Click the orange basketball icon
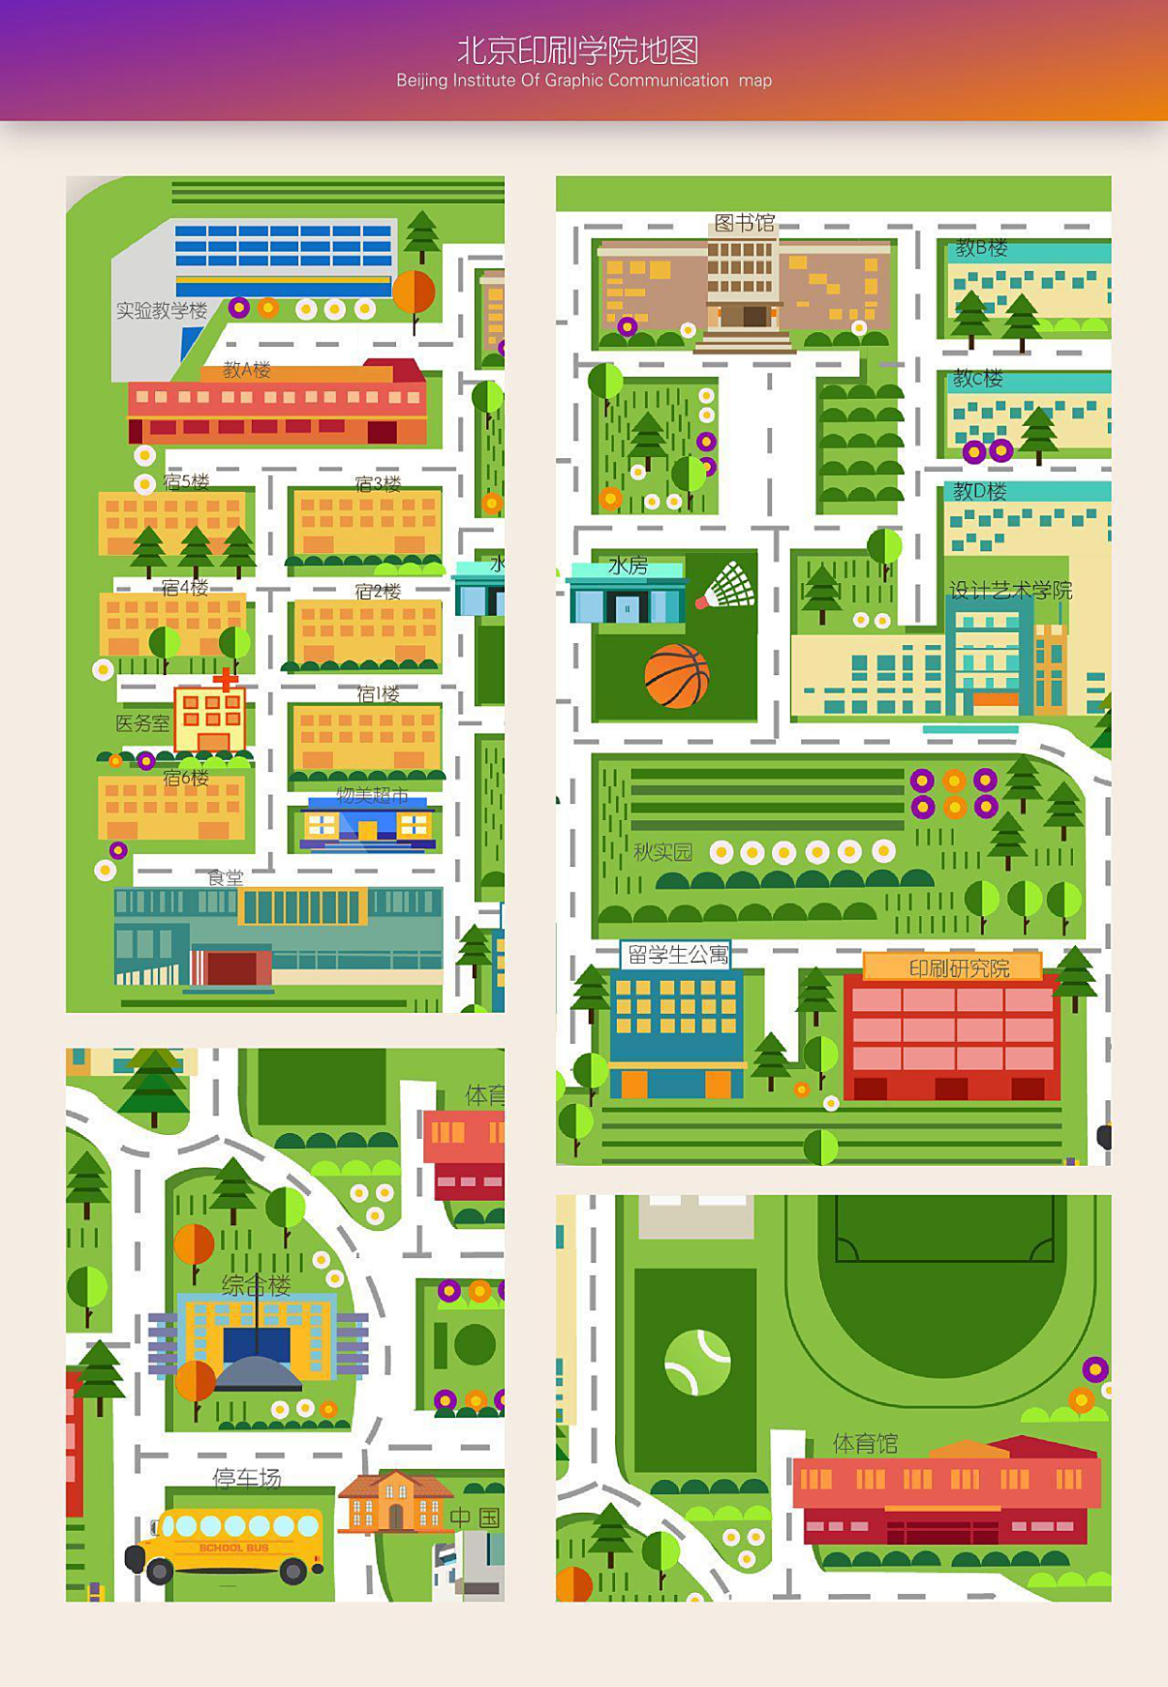pyautogui.click(x=677, y=676)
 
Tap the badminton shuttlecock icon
pyautogui.click(x=728, y=586)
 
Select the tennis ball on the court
pyautogui.click(x=697, y=1362)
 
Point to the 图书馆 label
pyautogui.click(x=744, y=223)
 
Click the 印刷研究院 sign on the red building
pyautogui.click(x=957, y=968)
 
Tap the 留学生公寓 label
pyautogui.click(x=677, y=955)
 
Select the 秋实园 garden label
pyautogui.click(x=662, y=852)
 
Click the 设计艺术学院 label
pyautogui.click(x=1010, y=591)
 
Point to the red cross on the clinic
pyautogui.click(x=225, y=678)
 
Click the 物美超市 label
pyautogui.click(x=372, y=796)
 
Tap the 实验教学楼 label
pyautogui.click(x=161, y=310)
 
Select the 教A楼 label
pyautogui.click(x=246, y=370)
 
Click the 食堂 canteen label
pyautogui.click(x=225, y=877)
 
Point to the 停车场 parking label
pyautogui.click(x=246, y=1477)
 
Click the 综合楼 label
pyautogui.click(x=256, y=1285)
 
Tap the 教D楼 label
pyautogui.click(x=979, y=491)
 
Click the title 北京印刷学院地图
pyautogui.click(x=577, y=50)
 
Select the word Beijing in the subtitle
pyautogui.click(x=421, y=81)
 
